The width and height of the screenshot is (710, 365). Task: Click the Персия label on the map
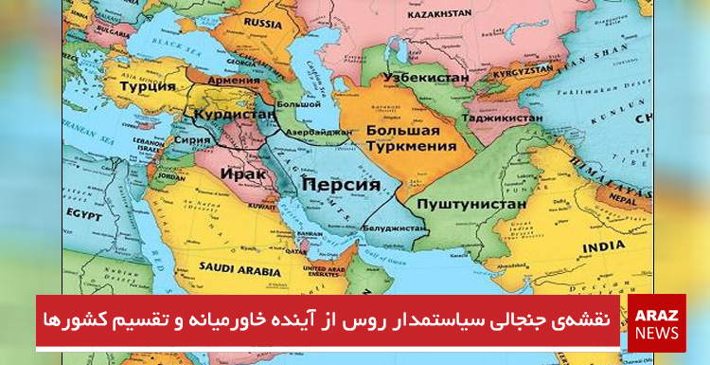coord(339,185)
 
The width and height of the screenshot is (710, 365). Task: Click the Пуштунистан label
coord(467,202)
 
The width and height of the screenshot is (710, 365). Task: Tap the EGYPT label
coord(84,216)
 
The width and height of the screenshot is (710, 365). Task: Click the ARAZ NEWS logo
coord(656,323)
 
